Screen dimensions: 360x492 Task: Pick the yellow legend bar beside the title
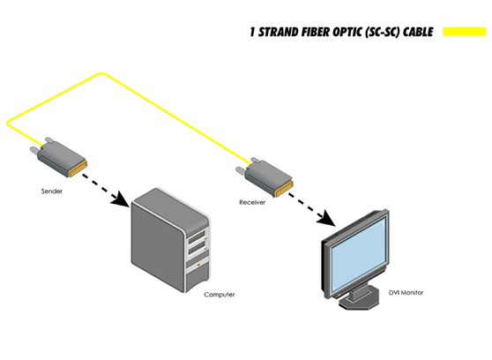click(x=465, y=33)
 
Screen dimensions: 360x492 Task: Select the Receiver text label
click(x=252, y=202)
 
